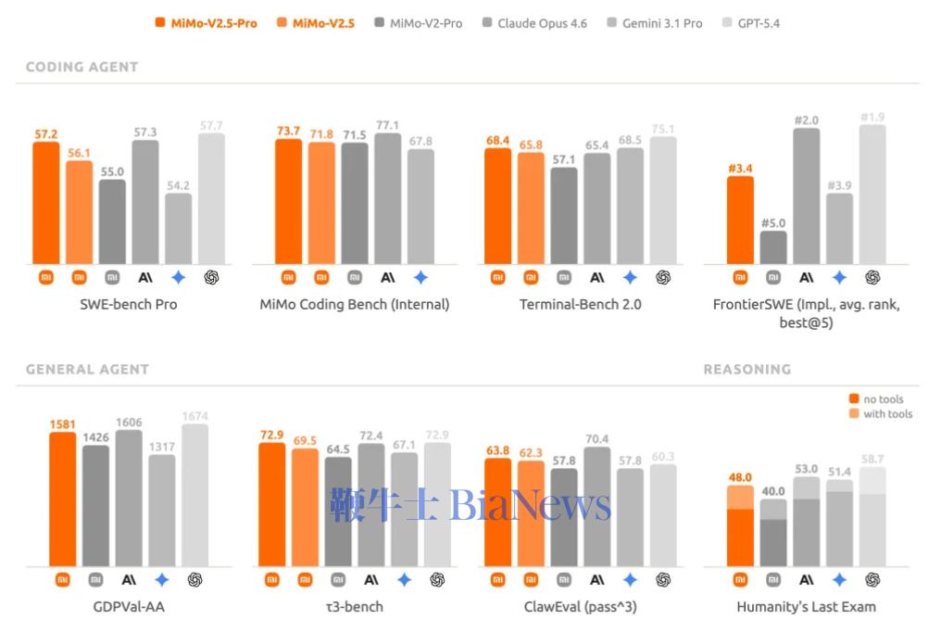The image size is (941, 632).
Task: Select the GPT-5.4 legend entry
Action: coord(750,23)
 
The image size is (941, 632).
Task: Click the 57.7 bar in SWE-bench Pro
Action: coord(211,198)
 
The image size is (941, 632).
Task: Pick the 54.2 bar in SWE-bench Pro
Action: coord(179,228)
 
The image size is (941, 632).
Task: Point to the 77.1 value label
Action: coord(388,125)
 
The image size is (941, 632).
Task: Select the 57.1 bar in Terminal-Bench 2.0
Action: coord(564,215)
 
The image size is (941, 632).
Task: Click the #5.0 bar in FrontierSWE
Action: coord(773,247)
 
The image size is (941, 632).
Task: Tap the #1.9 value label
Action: coord(872,117)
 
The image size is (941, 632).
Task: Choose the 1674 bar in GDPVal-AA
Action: coord(195,495)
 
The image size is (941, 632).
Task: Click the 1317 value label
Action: coord(162,446)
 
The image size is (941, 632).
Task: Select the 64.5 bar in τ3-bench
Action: coord(338,511)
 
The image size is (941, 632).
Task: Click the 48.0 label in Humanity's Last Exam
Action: coord(740,478)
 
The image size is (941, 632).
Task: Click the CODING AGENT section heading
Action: coord(82,67)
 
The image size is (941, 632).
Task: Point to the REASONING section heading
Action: coord(747,369)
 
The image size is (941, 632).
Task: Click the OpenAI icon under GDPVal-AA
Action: coord(195,579)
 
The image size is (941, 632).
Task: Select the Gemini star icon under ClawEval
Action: coord(630,579)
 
